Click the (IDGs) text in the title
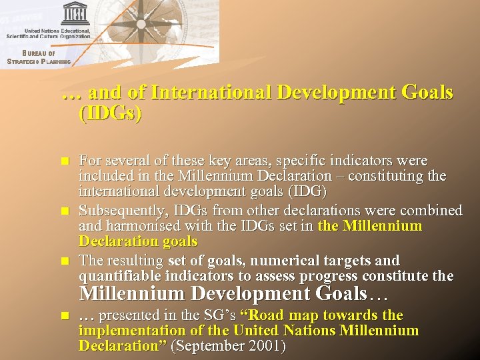click(110, 113)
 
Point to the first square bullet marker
click(65, 161)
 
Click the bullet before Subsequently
click(65, 211)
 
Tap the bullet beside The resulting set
click(65, 260)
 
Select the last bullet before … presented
click(65, 315)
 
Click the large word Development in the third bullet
click(251, 293)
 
